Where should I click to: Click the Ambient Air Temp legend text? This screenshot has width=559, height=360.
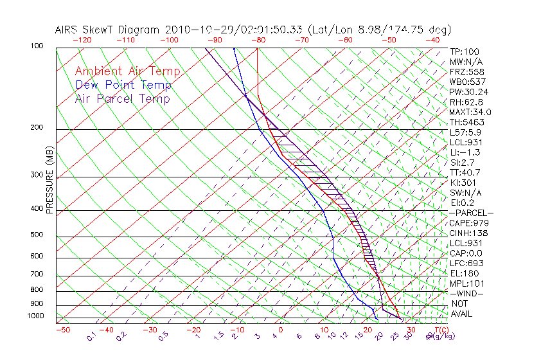pos(127,71)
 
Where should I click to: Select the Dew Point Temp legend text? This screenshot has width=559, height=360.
pos(123,85)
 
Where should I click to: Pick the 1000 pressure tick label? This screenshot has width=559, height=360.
pos(37,316)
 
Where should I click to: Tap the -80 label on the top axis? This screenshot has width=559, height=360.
pos(258,39)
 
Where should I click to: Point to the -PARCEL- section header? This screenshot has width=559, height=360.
pos(472,213)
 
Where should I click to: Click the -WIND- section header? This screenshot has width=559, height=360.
pos(467,293)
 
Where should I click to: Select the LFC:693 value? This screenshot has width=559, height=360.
pos(465,263)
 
